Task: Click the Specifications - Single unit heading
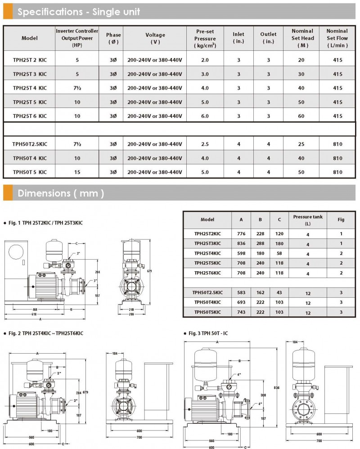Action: click(78, 12)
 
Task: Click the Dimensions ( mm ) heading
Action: click(61, 193)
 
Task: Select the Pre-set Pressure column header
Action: click(205, 38)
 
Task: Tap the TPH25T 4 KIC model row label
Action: click(30, 88)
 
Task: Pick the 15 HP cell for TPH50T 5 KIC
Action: click(77, 172)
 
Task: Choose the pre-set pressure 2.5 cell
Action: click(205, 144)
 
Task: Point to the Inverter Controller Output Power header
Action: click(77, 38)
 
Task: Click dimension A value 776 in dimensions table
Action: click(241, 234)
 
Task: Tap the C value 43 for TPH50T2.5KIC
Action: click(279, 292)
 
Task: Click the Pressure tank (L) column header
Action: click(308, 220)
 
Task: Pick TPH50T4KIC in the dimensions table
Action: click(207, 302)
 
